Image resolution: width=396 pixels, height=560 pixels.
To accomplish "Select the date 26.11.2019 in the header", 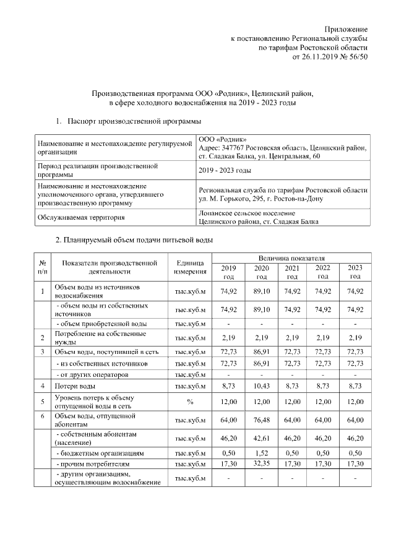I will click(319, 57).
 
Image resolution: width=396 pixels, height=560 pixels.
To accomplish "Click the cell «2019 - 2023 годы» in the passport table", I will click(225, 170).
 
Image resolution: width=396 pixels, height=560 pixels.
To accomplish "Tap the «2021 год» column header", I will click(292, 272).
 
